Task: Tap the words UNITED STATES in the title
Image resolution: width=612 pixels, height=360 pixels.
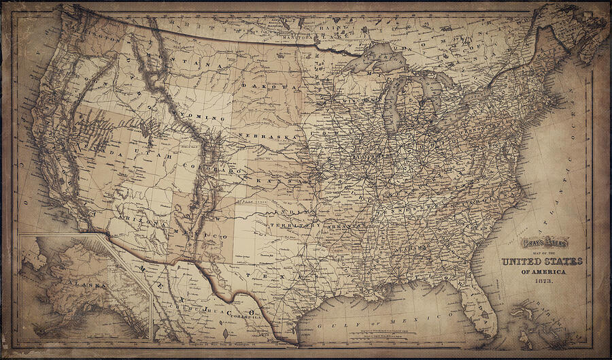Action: coord(532,262)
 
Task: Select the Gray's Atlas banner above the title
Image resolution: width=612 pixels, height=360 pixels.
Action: coord(544,242)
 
